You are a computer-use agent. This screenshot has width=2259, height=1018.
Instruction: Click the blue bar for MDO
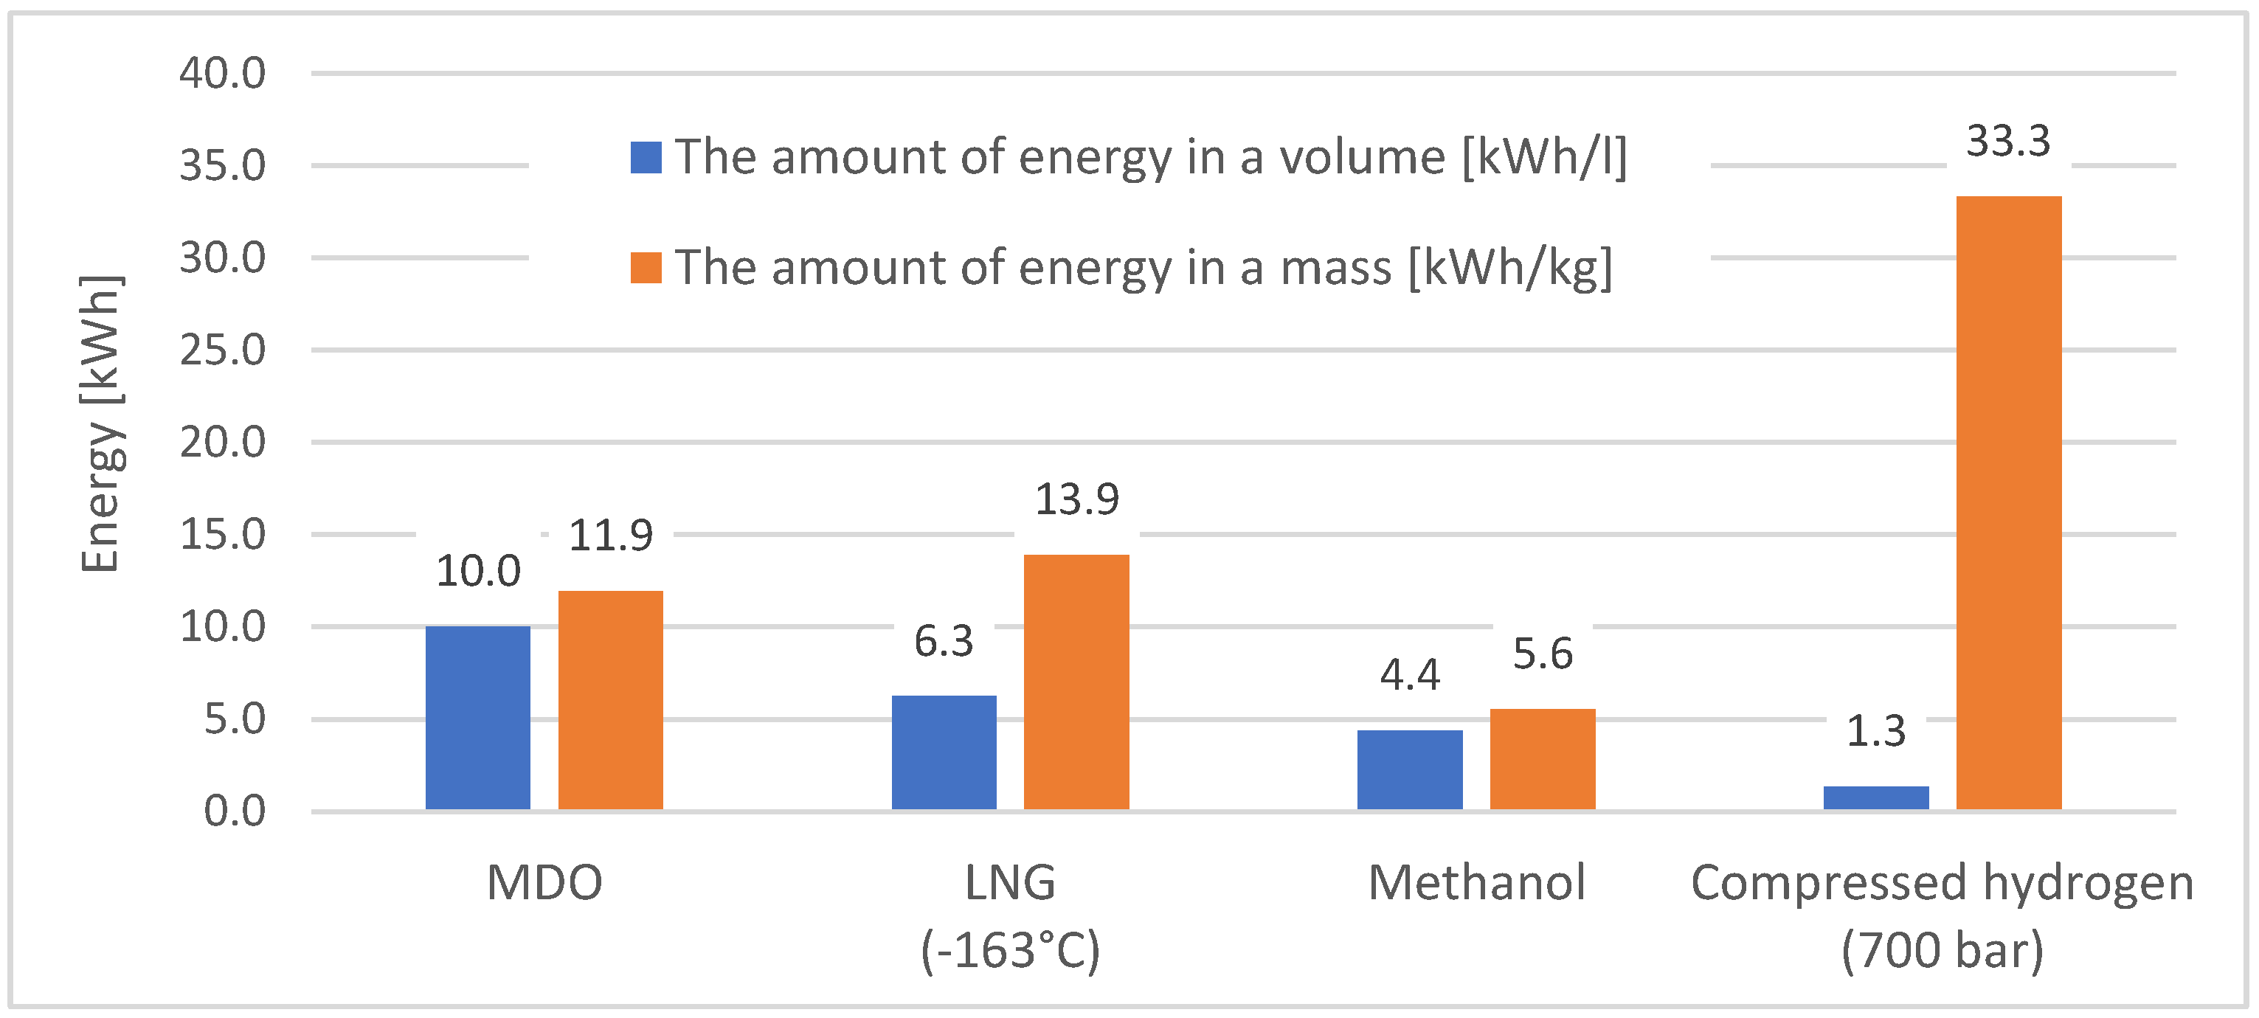[477, 717]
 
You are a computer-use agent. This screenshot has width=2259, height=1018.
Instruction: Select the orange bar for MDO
[610, 700]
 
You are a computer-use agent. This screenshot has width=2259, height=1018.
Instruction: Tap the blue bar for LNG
[944, 752]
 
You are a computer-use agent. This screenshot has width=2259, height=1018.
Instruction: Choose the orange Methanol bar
[1543, 758]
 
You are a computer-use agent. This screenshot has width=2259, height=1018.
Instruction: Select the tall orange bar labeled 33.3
[2008, 502]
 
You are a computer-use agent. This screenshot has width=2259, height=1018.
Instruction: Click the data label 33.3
[2008, 140]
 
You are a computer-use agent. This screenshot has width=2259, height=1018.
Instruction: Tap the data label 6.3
[944, 641]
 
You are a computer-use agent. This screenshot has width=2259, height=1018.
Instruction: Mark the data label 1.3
[1876, 730]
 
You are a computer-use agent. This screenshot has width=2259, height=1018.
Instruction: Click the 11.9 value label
[610, 535]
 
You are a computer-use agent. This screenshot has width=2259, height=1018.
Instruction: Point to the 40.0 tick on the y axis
[222, 73]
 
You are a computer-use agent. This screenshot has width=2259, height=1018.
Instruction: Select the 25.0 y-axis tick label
[222, 350]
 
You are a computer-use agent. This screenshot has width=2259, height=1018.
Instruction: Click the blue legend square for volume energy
[646, 158]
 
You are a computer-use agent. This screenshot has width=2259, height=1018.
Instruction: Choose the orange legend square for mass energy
[646, 268]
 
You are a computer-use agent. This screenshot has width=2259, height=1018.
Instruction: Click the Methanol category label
[1476, 882]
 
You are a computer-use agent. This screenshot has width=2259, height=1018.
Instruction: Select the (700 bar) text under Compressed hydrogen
[1942, 950]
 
